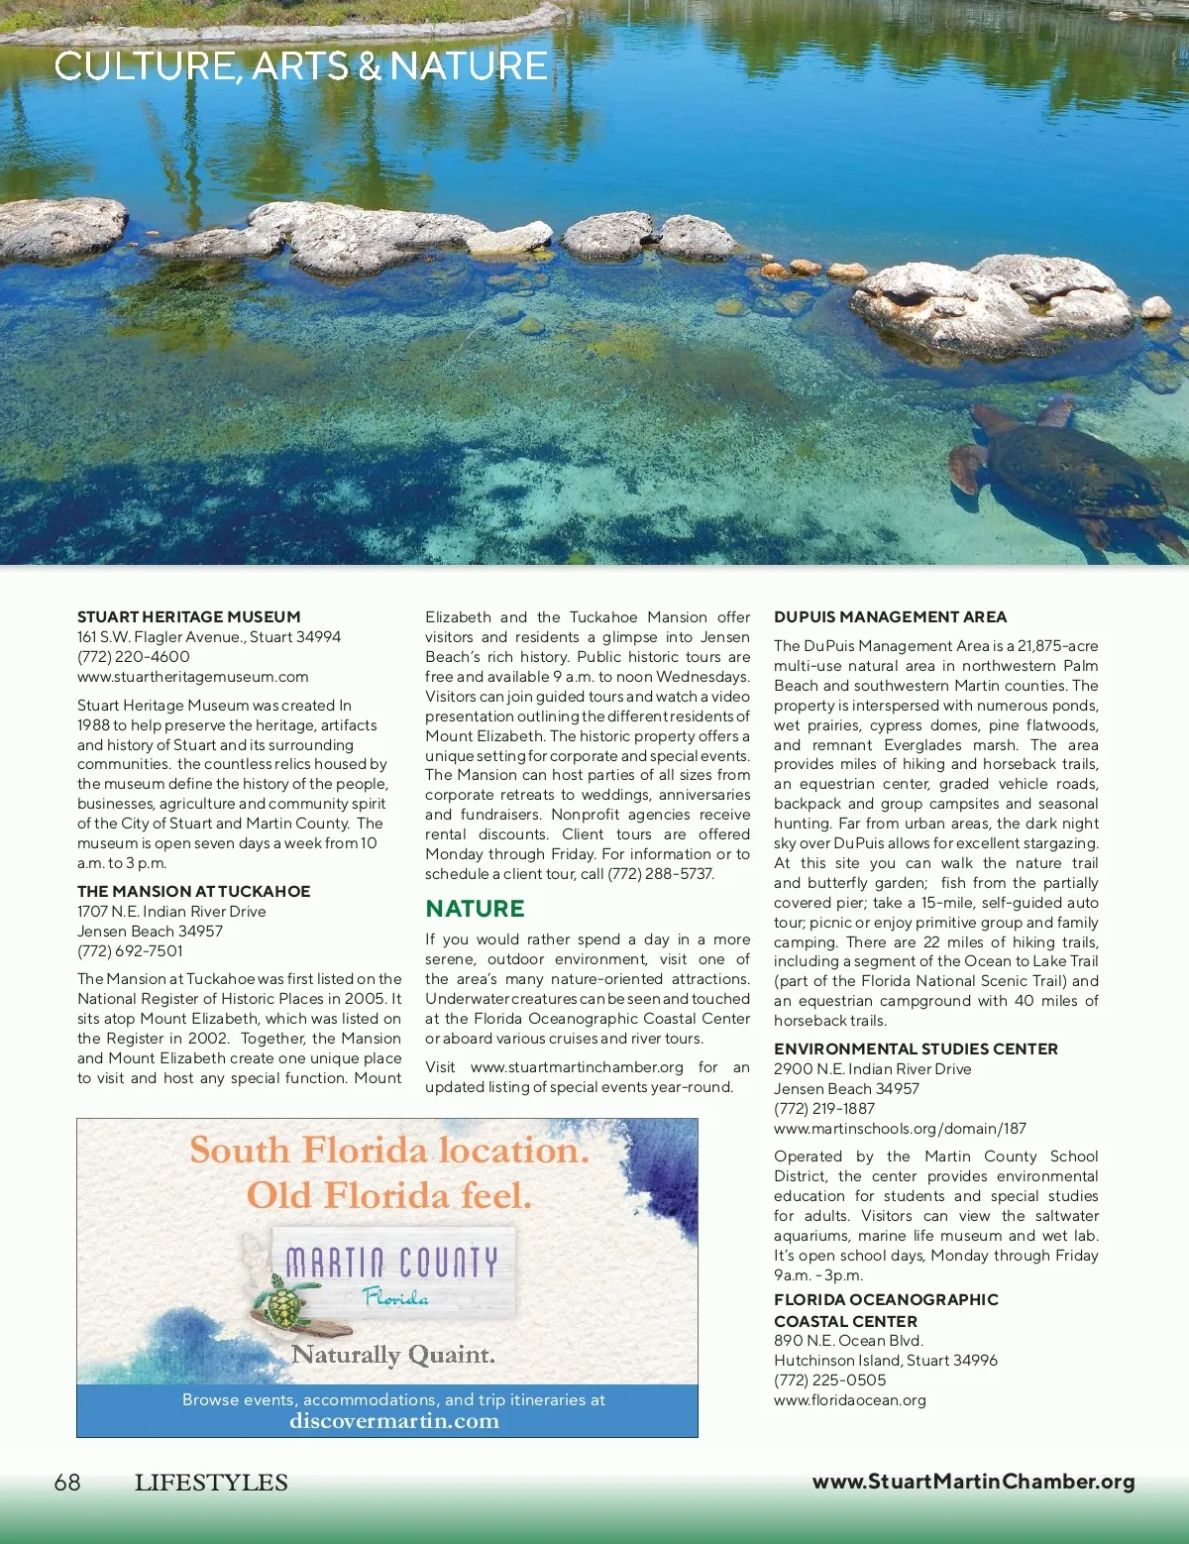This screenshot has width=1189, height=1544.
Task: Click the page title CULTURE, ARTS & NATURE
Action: point(300,66)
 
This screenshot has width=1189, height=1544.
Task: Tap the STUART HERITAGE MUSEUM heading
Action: point(188,616)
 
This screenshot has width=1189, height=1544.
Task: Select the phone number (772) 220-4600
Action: point(134,656)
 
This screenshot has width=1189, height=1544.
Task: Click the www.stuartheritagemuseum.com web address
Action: point(193,676)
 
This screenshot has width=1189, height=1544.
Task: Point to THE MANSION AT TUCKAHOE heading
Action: point(194,891)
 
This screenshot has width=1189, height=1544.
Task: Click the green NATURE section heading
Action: point(475,908)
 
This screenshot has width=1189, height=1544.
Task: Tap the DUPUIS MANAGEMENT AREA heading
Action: point(890,616)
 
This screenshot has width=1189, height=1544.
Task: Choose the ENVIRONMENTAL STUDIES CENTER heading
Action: point(916,1048)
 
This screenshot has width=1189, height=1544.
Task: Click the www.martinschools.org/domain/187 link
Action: point(900,1128)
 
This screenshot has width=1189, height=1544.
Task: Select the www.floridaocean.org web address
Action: point(850,1399)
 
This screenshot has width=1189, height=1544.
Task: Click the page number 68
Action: point(67,1482)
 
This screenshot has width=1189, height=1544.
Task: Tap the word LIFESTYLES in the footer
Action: point(211,1483)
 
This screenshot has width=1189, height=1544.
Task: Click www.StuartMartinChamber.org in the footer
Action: point(973,1482)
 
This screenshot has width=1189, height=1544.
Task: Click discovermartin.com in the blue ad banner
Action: point(393,1420)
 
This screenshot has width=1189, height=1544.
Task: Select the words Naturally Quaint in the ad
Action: point(393,1354)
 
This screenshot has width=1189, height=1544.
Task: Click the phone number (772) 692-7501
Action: point(130,950)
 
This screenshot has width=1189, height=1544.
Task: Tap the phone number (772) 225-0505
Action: point(830,1379)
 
